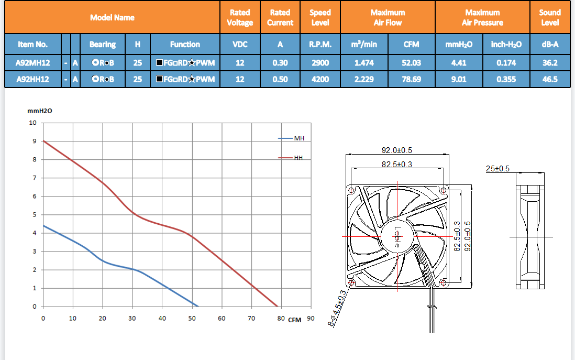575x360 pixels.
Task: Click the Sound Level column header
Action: [x=550, y=17]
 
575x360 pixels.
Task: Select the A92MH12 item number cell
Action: [x=33, y=63]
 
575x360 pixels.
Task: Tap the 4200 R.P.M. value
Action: [x=319, y=80]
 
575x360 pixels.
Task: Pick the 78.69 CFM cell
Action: [x=411, y=80]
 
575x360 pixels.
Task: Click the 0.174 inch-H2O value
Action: [x=506, y=63]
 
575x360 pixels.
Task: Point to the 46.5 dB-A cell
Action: [x=550, y=80]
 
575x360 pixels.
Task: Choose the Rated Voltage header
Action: [x=240, y=17]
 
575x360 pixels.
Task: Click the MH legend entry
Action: [x=299, y=138]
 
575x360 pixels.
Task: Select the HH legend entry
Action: [x=298, y=157]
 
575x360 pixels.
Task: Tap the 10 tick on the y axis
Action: [x=33, y=123]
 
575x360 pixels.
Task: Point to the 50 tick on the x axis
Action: [x=192, y=318]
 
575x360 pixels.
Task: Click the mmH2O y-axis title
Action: [x=40, y=111]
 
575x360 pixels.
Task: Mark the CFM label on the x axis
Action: [x=295, y=320]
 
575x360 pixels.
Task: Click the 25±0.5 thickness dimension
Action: [x=497, y=169]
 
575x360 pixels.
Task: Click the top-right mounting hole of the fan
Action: [x=444, y=189]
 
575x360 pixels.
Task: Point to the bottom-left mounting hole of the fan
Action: [x=351, y=283]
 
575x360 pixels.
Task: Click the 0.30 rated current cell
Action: [x=280, y=63]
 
